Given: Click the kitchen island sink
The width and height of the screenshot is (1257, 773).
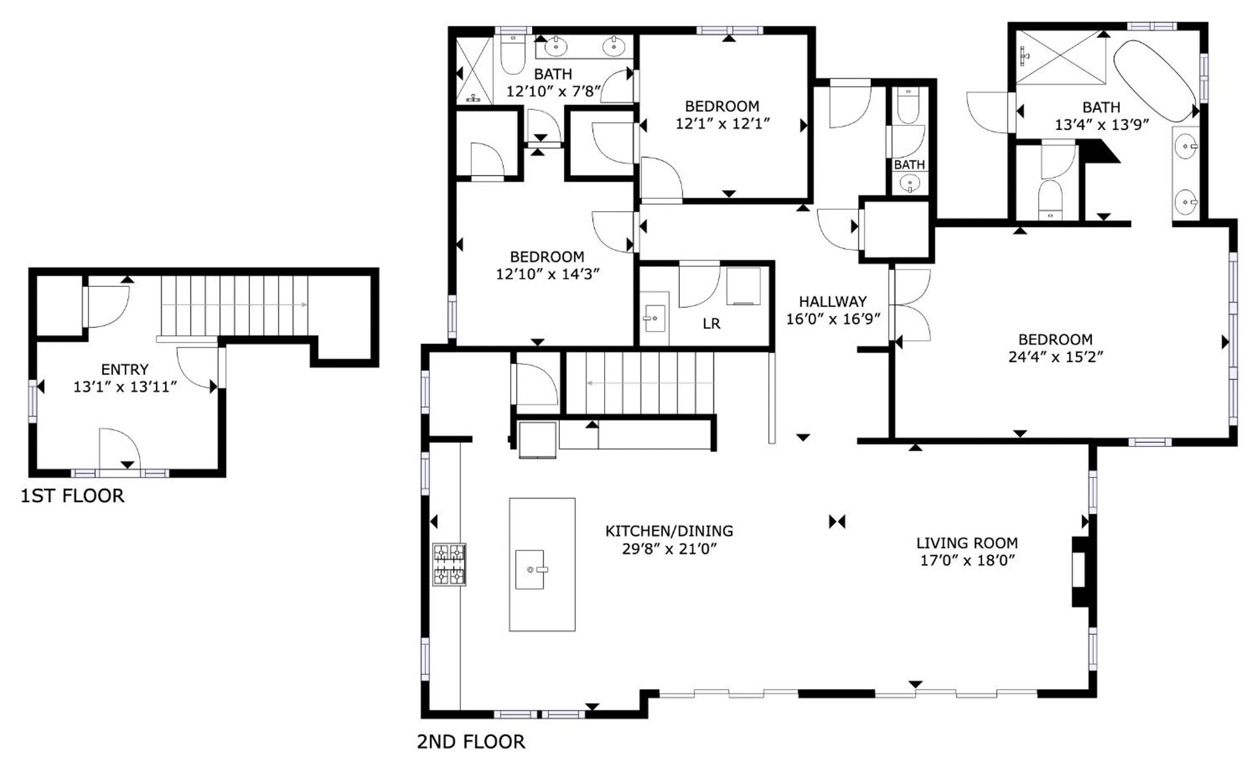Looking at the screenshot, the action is (x=529, y=569).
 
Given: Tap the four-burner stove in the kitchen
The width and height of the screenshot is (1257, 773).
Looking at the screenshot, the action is (x=449, y=564).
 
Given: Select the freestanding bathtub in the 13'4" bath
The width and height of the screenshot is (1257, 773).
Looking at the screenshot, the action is (x=1155, y=81).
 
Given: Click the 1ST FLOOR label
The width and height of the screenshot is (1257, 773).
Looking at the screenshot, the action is (x=72, y=496).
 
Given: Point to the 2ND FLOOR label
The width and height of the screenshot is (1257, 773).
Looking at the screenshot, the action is (x=471, y=742).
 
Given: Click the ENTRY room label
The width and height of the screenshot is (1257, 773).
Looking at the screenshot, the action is (x=125, y=369).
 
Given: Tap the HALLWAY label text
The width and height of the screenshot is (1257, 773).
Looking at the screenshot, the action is (x=833, y=301).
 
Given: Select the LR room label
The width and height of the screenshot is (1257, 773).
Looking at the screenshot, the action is (x=712, y=324).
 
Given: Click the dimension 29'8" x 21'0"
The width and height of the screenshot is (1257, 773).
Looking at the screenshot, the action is (x=669, y=549).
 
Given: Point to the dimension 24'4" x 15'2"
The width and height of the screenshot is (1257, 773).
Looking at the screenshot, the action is (x=1056, y=357).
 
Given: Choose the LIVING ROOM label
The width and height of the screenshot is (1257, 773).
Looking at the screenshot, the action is (x=967, y=543).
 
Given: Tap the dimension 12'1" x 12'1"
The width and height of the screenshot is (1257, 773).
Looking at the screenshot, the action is (x=722, y=124).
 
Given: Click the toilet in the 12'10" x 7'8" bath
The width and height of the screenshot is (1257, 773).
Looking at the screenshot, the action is (x=513, y=55).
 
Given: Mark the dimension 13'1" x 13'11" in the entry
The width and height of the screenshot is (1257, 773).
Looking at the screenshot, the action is (x=125, y=387).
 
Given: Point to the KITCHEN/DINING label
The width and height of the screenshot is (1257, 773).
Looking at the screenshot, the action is (x=669, y=531).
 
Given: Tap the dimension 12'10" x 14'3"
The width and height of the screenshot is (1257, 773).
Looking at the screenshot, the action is (x=548, y=274).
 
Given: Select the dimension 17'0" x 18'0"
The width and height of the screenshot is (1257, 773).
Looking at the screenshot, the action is (x=967, y=561).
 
